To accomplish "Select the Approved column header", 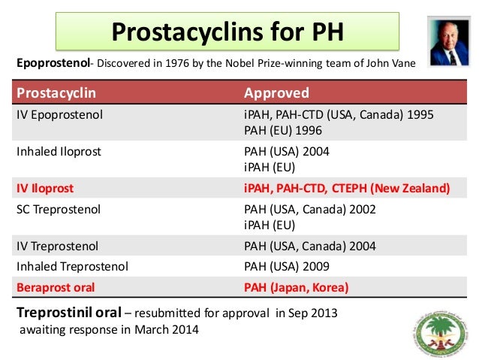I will point(276,93).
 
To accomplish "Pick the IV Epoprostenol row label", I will point(60,116).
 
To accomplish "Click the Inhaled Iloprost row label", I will point(59,151).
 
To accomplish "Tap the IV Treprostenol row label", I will point(57,245).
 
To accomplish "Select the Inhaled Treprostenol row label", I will point(72,265).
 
